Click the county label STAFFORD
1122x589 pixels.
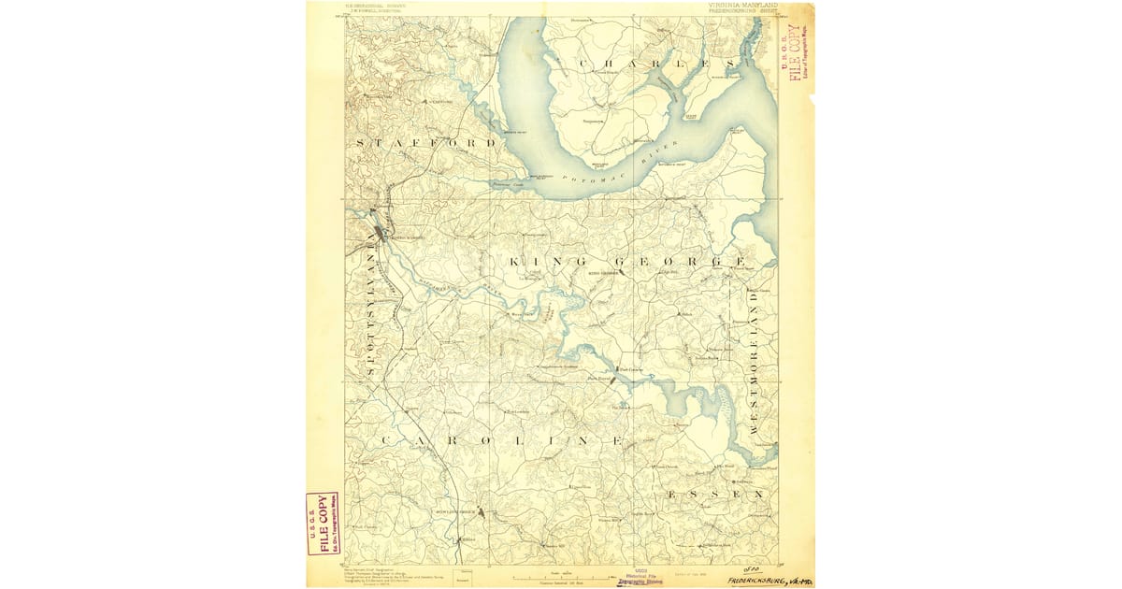click(x=425, y=143)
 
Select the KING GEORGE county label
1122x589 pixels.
click(x=627, y=261)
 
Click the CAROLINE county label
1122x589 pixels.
click(x=500, y=439)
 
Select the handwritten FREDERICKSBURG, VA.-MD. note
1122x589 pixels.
click(x=768, y=580)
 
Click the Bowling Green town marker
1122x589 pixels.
click(x=476, y=510)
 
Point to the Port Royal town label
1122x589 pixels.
click(x=599, y=380)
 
